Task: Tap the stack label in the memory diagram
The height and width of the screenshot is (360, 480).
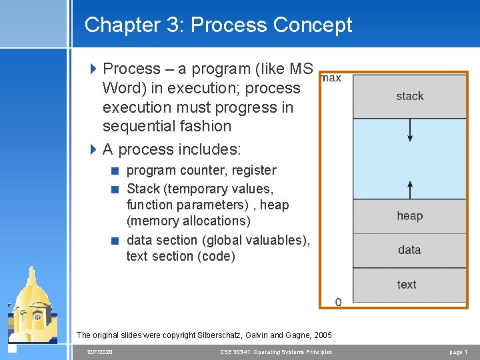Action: [409, 96]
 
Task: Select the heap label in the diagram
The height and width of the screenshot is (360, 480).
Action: [409, 215]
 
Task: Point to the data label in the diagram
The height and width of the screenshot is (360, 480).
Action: [409, 250]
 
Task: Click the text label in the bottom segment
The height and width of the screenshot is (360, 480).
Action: [407, 285]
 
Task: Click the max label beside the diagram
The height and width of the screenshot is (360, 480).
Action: [331, 78]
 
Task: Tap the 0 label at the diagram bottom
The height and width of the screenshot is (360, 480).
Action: [338, 302]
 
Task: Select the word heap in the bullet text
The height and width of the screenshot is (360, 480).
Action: [275, 205]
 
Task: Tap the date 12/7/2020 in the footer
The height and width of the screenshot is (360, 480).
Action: [99, 351]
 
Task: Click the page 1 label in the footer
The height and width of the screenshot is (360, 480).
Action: [458, 351]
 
